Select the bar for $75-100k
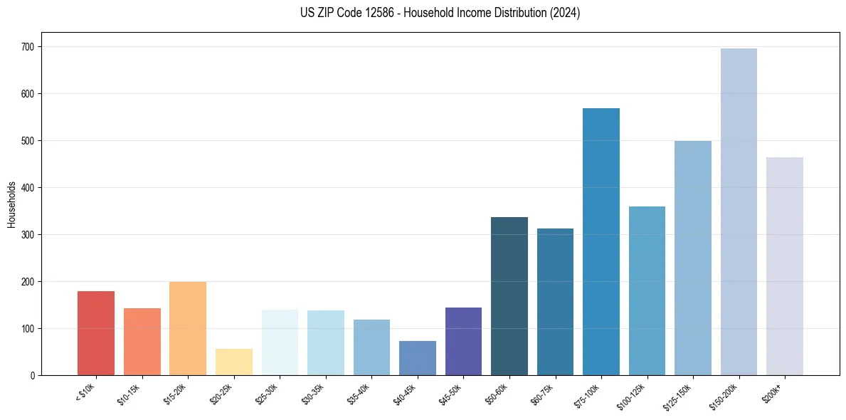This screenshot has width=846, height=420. click(601, 242)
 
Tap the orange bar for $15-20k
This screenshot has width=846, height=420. click(188, 328)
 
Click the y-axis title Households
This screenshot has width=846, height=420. click(12, 204)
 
